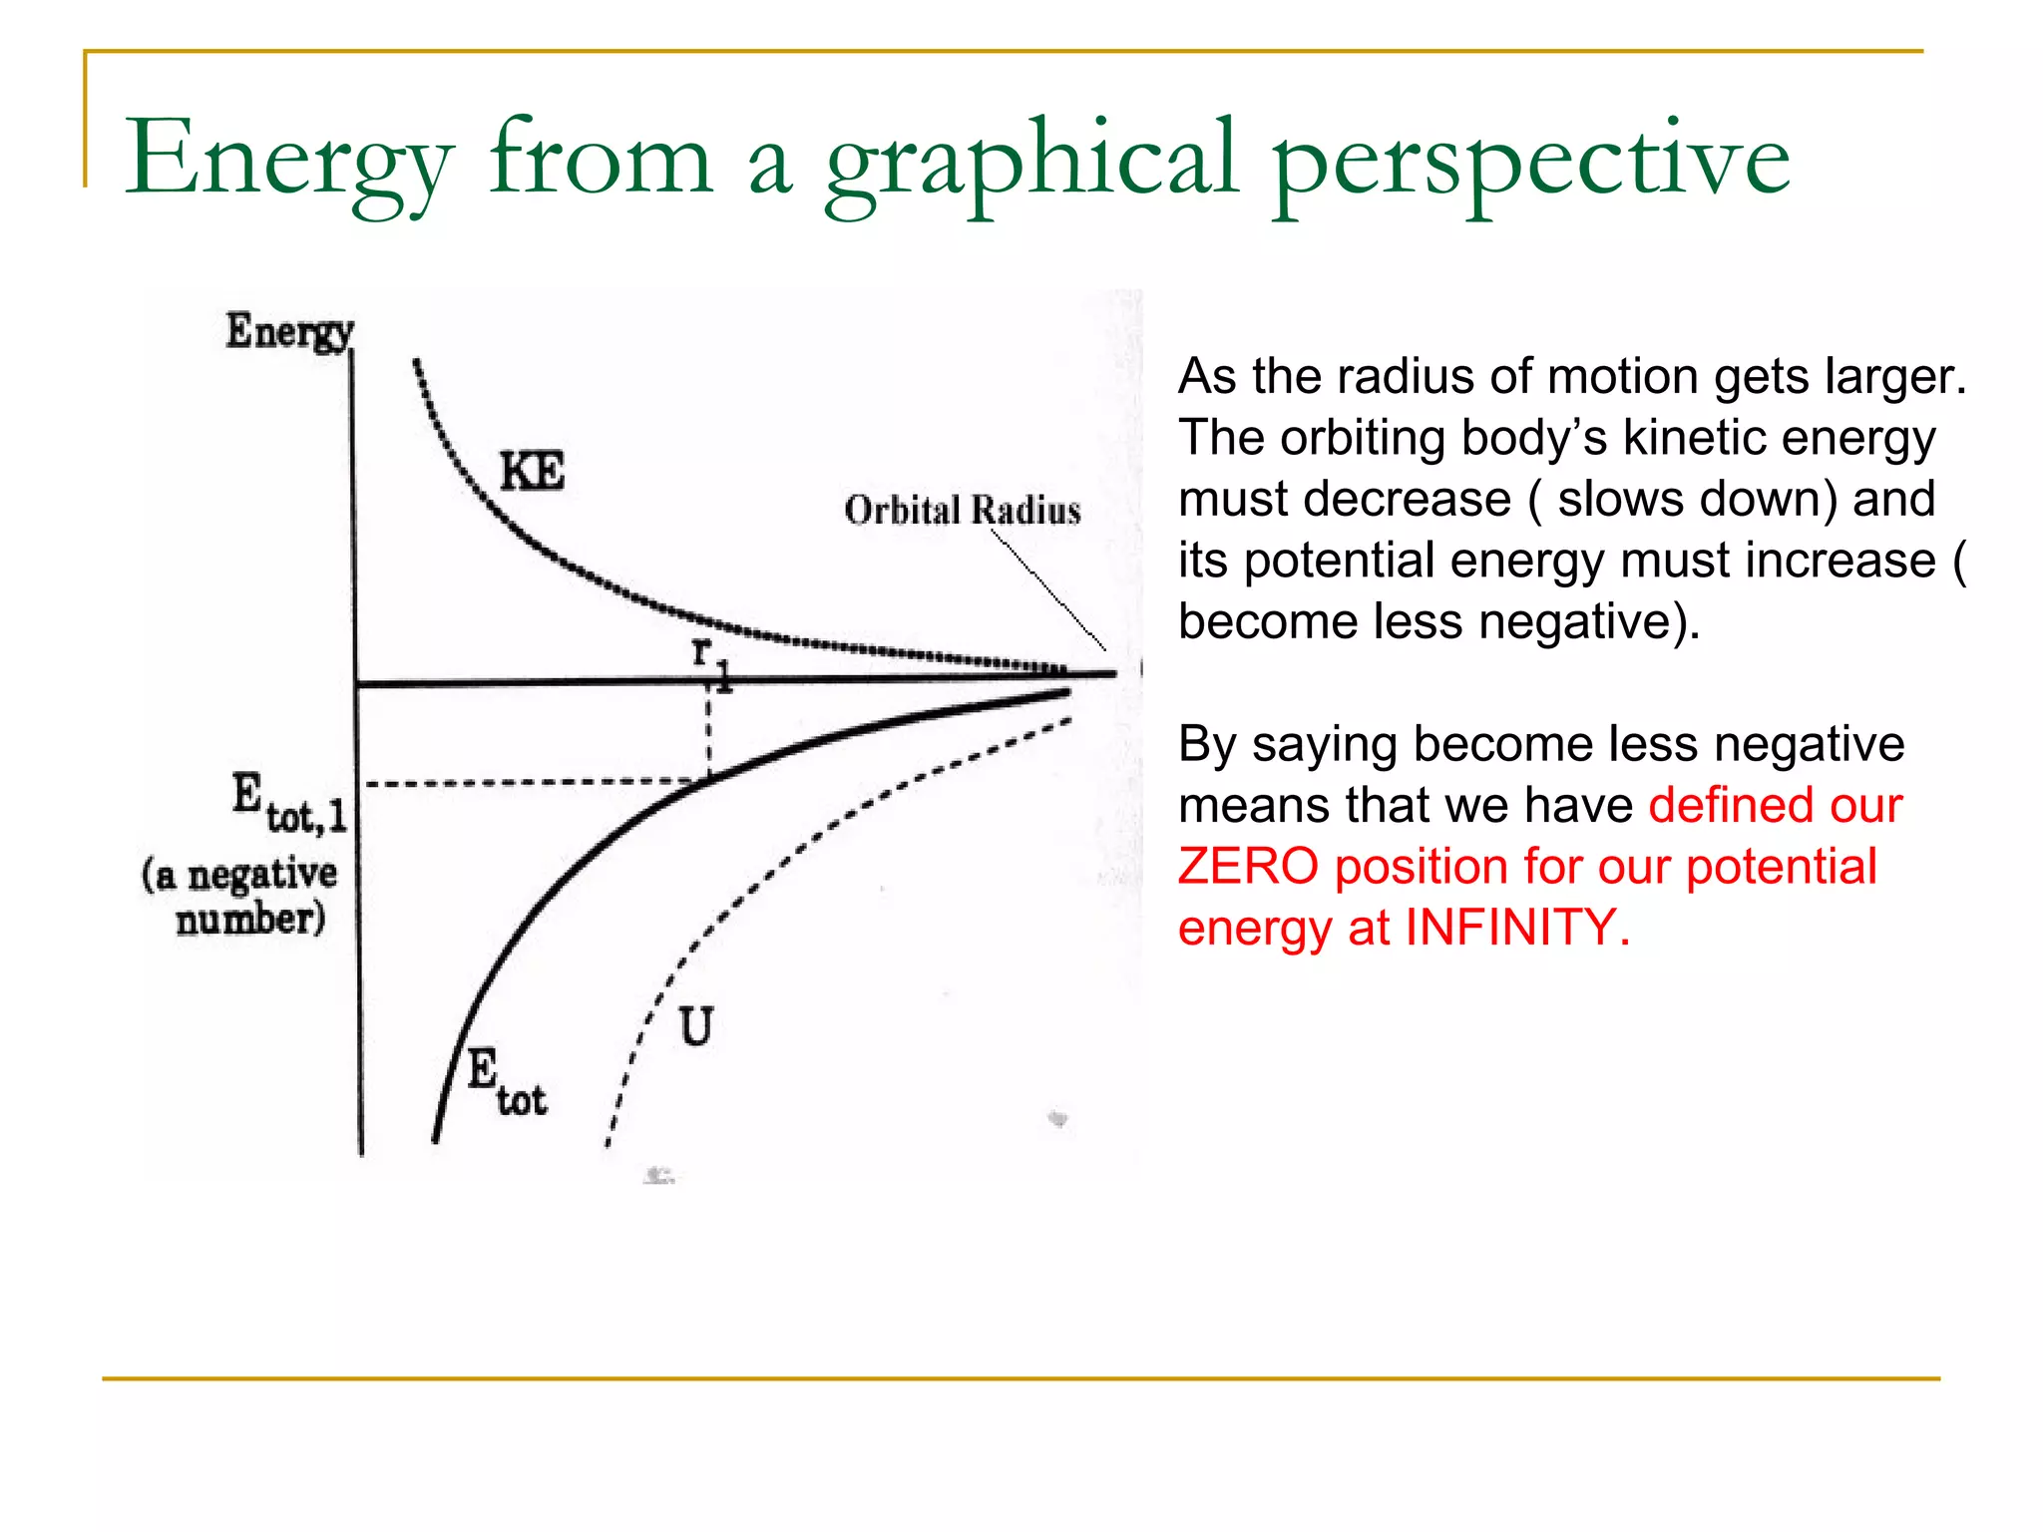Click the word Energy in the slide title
point(289,160)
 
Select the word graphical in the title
point(1031,160)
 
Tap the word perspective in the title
point(1530,160)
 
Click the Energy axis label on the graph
point(289,331)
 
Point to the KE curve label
point(532,471)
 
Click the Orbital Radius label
point(962,510)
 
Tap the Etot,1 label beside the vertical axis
point(289,804)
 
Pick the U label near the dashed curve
point(696,1026)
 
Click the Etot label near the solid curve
point(507,1083)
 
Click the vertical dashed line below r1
point(708,733)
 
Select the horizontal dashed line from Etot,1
point(529,783)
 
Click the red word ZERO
point(1247,866)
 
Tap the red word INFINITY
point(1516,927)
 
